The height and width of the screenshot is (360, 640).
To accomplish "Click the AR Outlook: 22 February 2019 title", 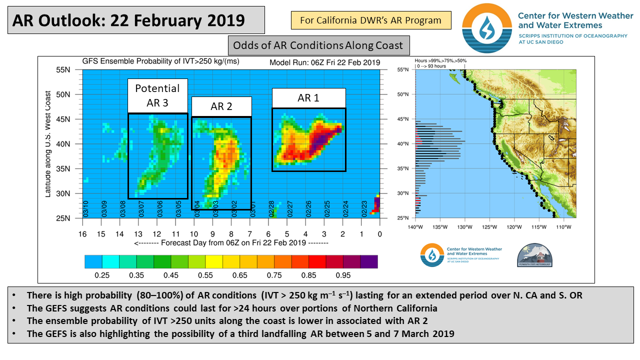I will [129, 20].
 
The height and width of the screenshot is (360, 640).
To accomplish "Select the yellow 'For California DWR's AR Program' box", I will [370, 20].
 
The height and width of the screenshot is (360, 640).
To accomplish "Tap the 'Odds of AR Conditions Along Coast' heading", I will [318, 45].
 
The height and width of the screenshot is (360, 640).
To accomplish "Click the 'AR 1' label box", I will [308, 98].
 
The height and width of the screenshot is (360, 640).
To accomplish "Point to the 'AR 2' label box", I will [221, 106].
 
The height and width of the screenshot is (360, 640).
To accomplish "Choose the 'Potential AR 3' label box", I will [157, 95].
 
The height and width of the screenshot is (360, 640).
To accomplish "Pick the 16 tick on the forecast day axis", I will [82, 234].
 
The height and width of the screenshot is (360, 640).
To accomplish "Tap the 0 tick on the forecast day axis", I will [380, 234].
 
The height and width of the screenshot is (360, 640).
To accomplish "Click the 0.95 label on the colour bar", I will [343, 275].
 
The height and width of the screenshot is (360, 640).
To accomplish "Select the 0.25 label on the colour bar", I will [102, 275].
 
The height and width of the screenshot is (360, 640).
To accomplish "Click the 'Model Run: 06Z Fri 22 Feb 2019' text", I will [325, 63].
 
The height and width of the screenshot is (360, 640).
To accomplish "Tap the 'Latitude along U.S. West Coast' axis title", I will [48, 143].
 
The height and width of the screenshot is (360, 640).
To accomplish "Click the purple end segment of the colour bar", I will [369, 261].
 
